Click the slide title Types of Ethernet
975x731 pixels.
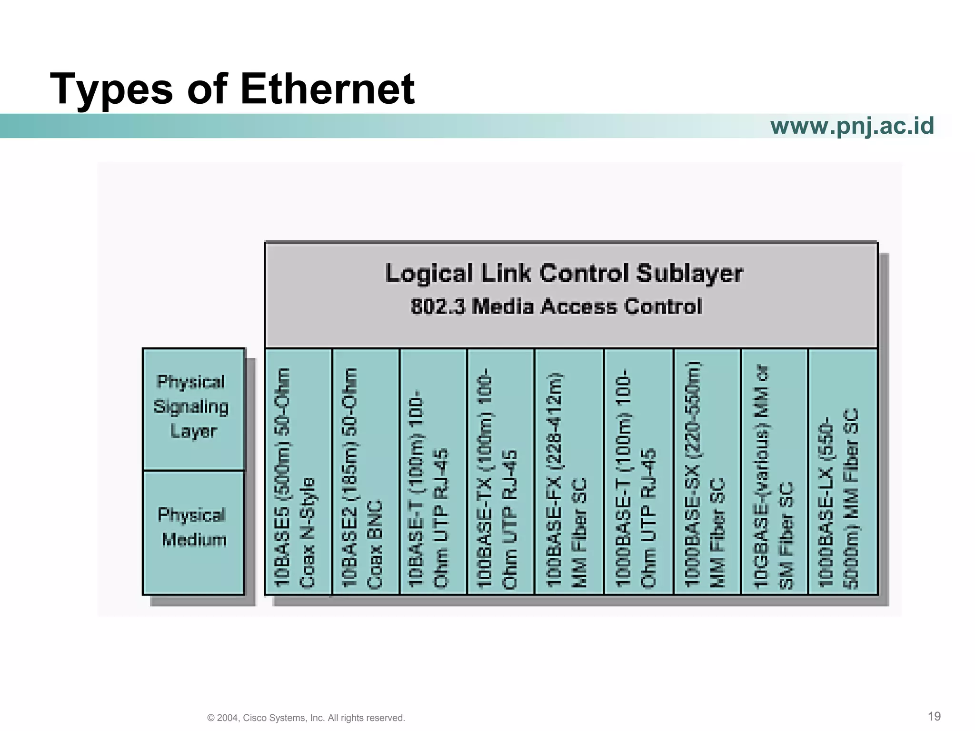tap(232, 89)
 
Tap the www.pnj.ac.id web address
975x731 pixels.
tap(852, 126)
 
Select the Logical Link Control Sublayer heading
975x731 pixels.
tap(564, 274)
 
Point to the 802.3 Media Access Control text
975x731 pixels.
tap(556, 306)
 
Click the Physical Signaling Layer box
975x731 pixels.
tap(193, 408)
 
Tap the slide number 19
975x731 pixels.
tap(934, 716)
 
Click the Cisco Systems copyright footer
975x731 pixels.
tap(306, 718)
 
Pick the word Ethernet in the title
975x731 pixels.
tap(328, 89)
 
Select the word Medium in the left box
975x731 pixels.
tap(194, 540)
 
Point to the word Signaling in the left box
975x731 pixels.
tap(191, 407)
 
